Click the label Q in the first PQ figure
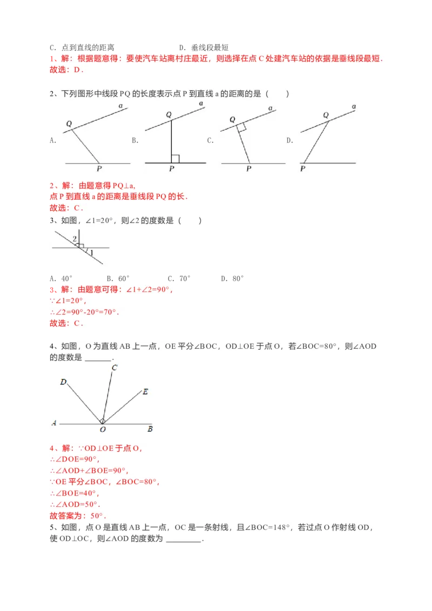pos(69,124)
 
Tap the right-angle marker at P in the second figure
pos(174,159)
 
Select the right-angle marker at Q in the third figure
pos(242,127)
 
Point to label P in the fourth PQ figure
pos(302,169)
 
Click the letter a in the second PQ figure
pos(201,103)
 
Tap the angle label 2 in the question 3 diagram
pos(75,239)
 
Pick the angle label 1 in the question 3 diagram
pos(91,252)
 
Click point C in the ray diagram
pos(114,368)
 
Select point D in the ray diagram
pos(63,382)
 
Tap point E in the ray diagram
pos(145,392)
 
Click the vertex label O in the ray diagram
pos(103,430)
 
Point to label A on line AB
pos(54,423)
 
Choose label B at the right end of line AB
pos(150,430)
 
